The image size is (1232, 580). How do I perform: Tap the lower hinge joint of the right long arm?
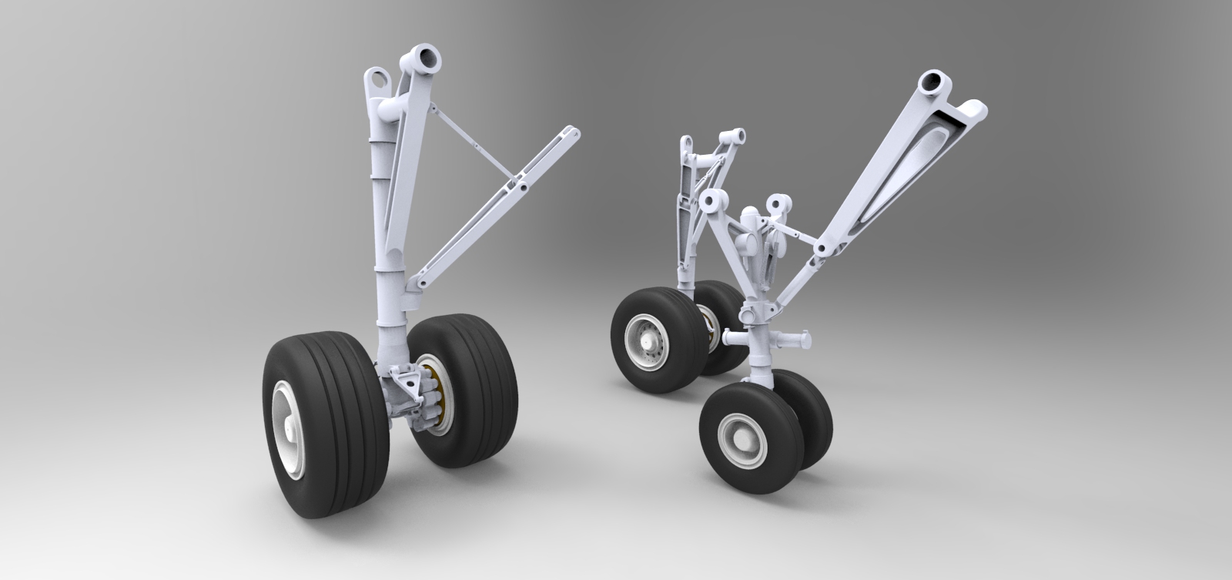coord(822,249)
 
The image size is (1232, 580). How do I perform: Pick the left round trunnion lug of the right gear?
coord(712,202)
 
